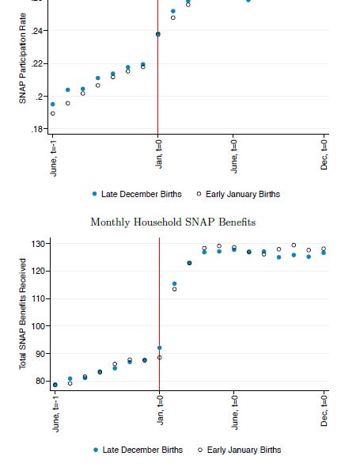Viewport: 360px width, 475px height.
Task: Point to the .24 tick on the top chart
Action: [x=36, y=30]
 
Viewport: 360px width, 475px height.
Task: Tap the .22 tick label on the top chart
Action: [x=36, y=63]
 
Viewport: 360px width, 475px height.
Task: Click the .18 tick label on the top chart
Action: [x=36, y=129]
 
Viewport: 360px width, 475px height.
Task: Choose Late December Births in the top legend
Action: [x=141, y=194]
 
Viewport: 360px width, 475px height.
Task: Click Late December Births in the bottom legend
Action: [x=141, y=450]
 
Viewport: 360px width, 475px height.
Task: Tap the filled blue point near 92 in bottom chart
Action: [x=160, y=348]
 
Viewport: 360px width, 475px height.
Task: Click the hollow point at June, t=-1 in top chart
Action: [x=53, y=113]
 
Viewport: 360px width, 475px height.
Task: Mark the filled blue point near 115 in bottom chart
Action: [x=174, y=283]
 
